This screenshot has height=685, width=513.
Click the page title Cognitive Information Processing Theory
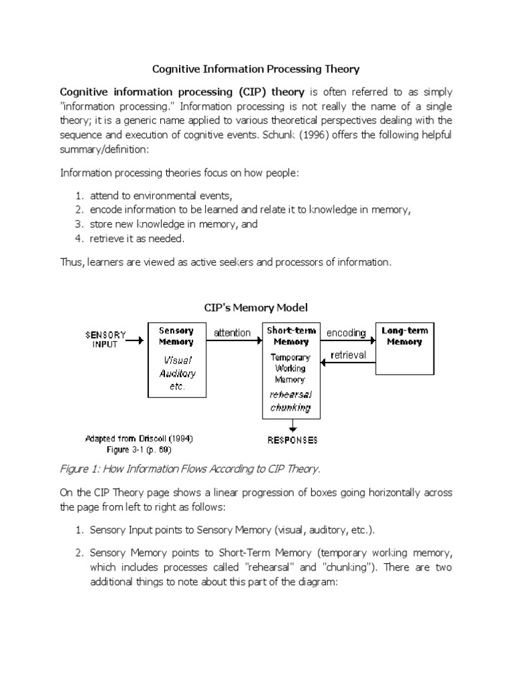coord(256,68)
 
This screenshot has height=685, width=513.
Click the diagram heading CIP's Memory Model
coord(256,307)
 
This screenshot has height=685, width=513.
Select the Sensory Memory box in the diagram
coord(176,360)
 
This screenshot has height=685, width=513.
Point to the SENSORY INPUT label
coord(105,339)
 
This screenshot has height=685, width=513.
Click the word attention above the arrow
coord(232,332)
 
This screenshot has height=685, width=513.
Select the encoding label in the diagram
coord(346,332)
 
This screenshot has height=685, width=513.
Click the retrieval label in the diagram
coord(348,355)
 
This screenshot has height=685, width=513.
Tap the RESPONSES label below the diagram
coord(293,440)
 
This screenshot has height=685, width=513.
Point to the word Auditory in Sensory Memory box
coord(177,374)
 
